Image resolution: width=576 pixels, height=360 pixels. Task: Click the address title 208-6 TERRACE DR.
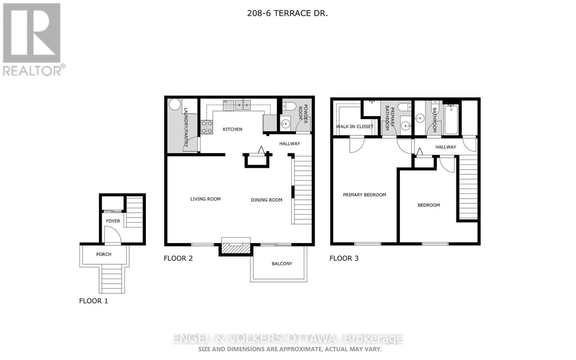287,13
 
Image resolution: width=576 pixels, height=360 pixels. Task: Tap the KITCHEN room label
233,129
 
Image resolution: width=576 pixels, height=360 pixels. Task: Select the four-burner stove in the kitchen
207,127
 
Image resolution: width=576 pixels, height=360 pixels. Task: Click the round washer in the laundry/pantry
175,104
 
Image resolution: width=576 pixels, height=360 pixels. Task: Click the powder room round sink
285,124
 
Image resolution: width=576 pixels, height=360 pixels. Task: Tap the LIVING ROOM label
205,199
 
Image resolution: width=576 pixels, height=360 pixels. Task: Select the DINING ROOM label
266,200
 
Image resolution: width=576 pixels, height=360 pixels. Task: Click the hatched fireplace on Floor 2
235,248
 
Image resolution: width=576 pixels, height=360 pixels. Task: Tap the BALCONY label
282,264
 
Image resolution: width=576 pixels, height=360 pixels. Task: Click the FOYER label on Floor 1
113,221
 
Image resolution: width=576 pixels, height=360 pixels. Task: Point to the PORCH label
104,254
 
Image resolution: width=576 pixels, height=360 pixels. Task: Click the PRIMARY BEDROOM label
364,195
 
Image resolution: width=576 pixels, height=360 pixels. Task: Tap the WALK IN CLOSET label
355,126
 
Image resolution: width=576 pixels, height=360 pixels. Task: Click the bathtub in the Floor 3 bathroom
451,120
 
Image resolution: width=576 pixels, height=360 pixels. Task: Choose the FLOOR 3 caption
344,258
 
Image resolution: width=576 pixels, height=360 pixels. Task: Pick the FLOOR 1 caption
94,301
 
